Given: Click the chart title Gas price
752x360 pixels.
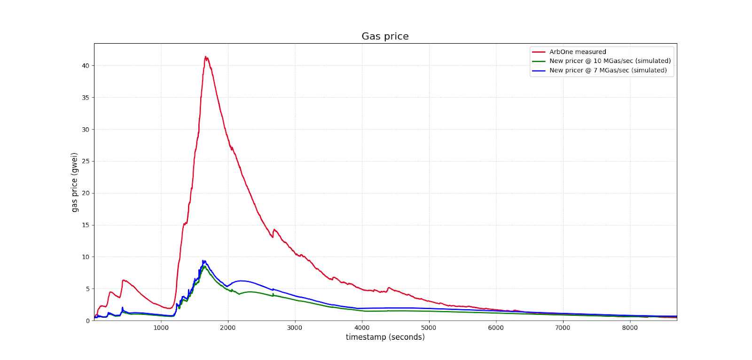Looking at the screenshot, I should click(385, 36).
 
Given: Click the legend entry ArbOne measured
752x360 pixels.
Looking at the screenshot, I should click(578, 52).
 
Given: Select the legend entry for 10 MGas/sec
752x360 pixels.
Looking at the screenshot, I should click(610, 61).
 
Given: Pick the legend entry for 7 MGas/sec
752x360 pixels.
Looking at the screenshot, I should click(608, 70).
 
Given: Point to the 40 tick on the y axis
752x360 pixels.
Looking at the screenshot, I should click(86, 66).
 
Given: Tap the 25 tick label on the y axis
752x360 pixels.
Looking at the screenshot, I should click(86, 161).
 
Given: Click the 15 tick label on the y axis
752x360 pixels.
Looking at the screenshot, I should click(86, 225).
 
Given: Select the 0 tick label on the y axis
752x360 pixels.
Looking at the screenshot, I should click(87, 321).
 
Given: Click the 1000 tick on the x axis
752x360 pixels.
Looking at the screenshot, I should click(161, 328).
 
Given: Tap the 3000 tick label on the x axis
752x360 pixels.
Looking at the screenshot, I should click(295, 328).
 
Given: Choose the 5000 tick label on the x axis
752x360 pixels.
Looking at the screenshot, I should click(429, 328).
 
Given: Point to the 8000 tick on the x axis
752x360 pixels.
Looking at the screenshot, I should click(630, 328).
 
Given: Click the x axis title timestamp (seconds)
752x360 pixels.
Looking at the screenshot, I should click(385, 337).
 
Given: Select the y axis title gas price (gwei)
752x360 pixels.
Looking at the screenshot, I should click(74, 182).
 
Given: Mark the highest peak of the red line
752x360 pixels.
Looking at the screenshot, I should click(205, 57).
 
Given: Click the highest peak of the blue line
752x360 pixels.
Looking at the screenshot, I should click(204, 260).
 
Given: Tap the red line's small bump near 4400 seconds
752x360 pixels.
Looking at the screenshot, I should click(389, 288).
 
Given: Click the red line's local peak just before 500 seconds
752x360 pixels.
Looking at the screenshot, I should click(124, 280).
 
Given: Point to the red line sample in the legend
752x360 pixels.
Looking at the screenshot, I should click(539, 52).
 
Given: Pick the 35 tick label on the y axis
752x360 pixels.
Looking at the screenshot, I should click(86, 98).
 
